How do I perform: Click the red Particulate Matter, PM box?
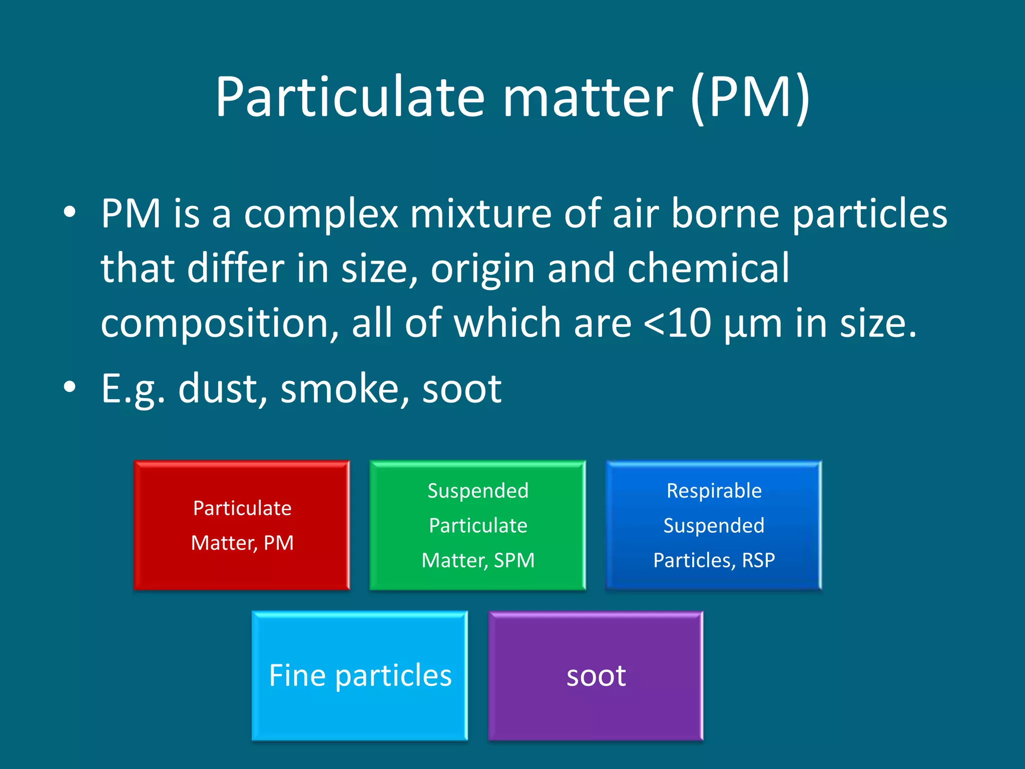tap(242, 525)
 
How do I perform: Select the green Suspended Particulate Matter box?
tap(477, 525)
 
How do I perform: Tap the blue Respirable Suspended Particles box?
tap(714, 525)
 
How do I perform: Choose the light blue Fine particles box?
tap(359, 675)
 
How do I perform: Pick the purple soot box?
tap(596, 675)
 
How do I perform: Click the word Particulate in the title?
tap(350, 96)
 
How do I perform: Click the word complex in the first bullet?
tap(321, 214)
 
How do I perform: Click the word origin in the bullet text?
tap(482, 269)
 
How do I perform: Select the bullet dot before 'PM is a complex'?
tap(70, 212)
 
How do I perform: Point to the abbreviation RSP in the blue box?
tap(758, 560)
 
